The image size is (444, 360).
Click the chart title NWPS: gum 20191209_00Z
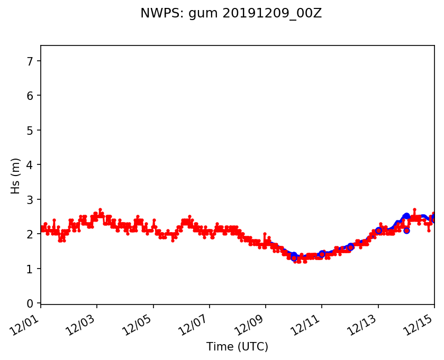231,14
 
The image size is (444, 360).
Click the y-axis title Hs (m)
16,176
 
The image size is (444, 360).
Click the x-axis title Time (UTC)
237,347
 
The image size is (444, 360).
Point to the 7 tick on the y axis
30,61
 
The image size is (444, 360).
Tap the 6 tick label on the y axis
30,96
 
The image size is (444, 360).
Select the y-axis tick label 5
30,130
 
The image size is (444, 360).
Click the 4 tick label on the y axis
30,165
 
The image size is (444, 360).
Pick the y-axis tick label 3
30,199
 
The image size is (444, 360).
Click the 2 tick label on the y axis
30,234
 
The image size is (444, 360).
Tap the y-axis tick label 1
30,269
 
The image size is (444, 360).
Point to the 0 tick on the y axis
30,303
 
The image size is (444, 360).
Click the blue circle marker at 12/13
378,230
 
